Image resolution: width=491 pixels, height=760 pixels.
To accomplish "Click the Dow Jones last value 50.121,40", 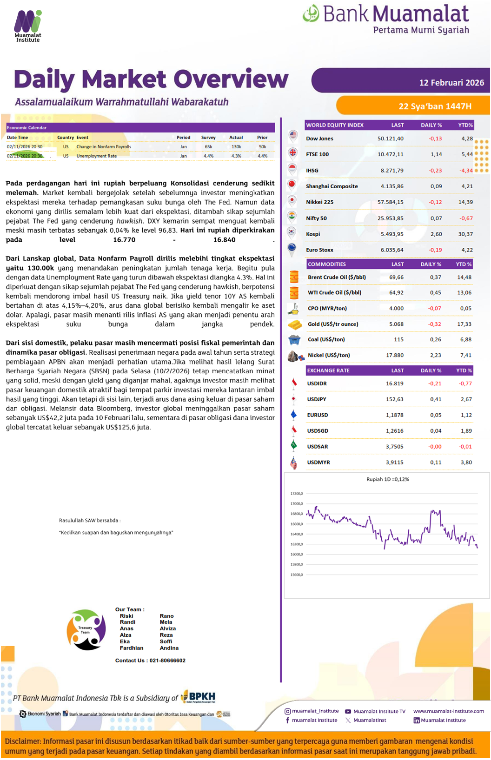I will click(x=390, y=139).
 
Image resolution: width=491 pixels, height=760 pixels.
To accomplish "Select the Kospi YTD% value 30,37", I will click(x=465, y=234).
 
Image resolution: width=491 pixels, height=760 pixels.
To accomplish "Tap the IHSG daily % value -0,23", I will click(x=435, y=171).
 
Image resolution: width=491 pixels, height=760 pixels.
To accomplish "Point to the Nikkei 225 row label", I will click(x=319, y=202).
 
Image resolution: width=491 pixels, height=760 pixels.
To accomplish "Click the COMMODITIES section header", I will click(x=327, y=264).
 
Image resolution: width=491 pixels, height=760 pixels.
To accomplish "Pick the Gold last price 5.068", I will click(x=396, y=324).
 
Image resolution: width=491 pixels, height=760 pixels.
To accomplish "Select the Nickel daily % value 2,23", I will click(x=435, y=355).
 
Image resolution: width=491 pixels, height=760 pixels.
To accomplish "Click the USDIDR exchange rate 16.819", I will click(x=394, y=383).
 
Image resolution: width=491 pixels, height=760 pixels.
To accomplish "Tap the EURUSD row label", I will click(x=317, y=415).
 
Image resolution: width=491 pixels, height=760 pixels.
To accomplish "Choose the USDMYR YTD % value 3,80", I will click(x=466, y=463).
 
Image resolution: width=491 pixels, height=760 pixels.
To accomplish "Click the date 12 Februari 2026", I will click(x=451, y=83).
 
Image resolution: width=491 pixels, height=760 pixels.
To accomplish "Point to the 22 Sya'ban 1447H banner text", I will click(x=435, y=106).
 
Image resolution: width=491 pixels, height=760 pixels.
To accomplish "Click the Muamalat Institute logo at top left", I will click(x=28, y=26).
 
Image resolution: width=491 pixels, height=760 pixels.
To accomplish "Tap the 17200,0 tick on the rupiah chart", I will click(x=296, y=494).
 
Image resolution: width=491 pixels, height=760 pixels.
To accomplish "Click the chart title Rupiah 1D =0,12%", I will click(x=387, y=479).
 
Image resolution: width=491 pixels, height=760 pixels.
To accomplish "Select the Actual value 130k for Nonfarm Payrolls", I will click(x=236, y=147).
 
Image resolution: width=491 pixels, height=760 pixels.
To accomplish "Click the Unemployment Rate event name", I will click(x=96, y=156).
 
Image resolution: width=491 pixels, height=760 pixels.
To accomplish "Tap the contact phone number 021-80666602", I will click(x=167, y=661).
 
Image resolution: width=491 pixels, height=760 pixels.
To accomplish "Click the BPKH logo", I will click(x=199, y=696).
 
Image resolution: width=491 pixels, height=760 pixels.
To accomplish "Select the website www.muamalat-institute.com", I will click(x=448, y=711).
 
